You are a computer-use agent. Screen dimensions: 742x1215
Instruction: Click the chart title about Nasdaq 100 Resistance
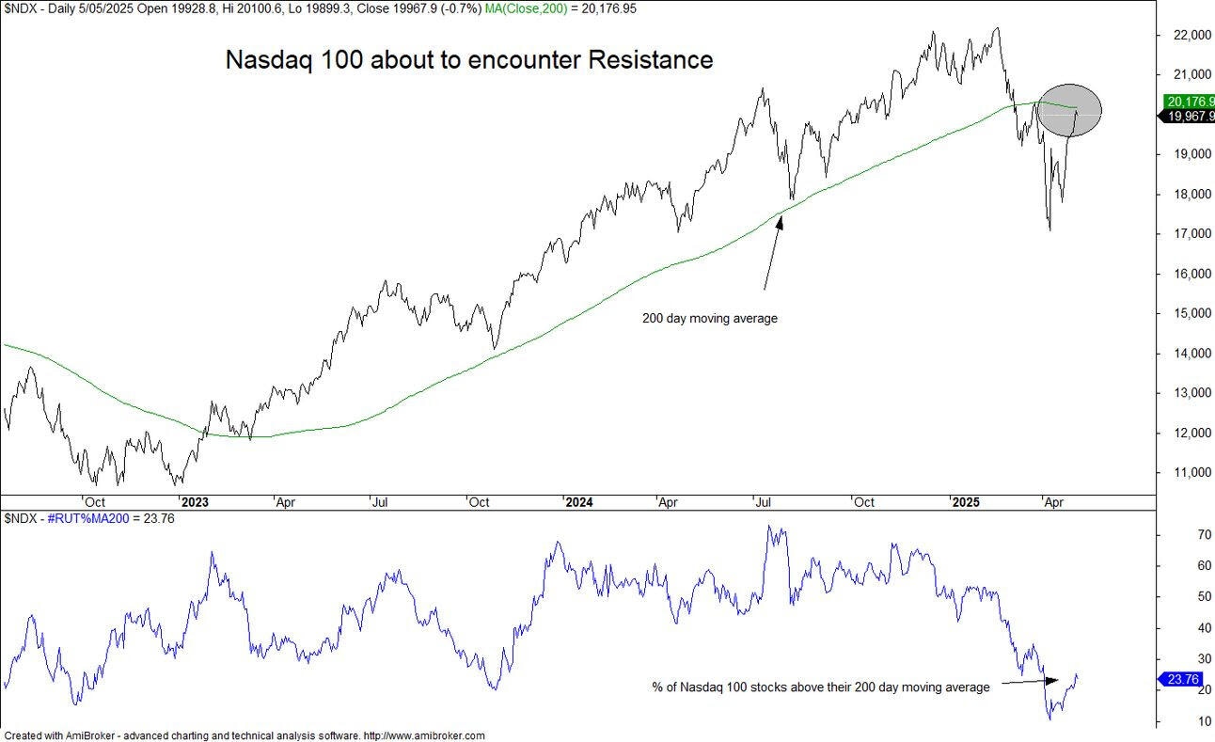tap(469, 59)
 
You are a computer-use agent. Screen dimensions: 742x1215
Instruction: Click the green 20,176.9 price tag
tap(1189, 101)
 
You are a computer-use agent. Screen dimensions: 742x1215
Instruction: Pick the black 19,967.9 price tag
tap(1189, 117)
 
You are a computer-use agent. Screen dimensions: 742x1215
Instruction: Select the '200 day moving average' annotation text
tap(710, 318)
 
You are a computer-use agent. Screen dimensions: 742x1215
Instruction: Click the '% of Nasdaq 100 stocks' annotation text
tap(821, 687)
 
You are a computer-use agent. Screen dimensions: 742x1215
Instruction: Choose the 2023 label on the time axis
tap(196, 502)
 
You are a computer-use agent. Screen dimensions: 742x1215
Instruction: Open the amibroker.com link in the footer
tap(424, 735)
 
